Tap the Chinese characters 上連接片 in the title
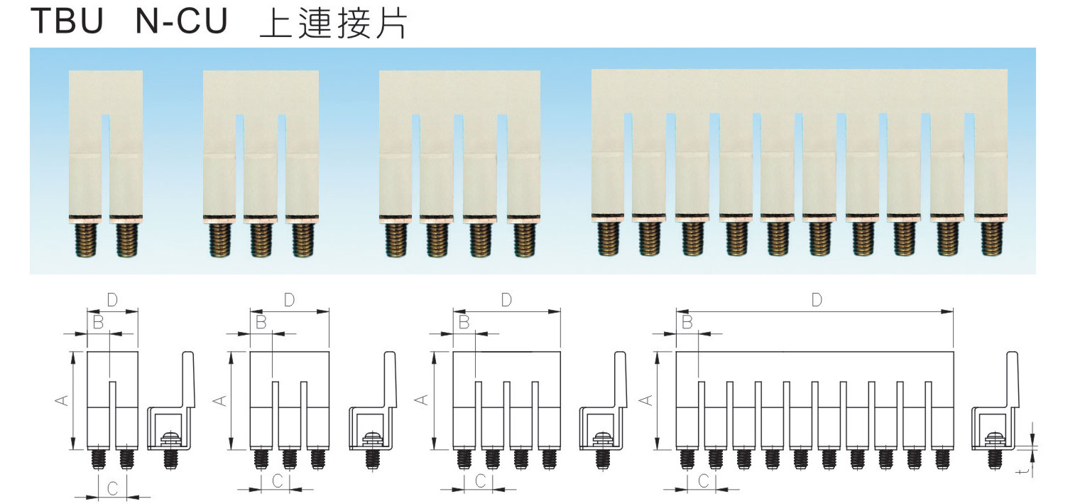333,23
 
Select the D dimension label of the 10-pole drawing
816,300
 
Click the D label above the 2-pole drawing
111,299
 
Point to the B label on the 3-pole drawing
261,322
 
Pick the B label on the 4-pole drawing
464,322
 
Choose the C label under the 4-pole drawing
479,481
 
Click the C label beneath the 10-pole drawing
703,481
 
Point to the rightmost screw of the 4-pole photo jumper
524,240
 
